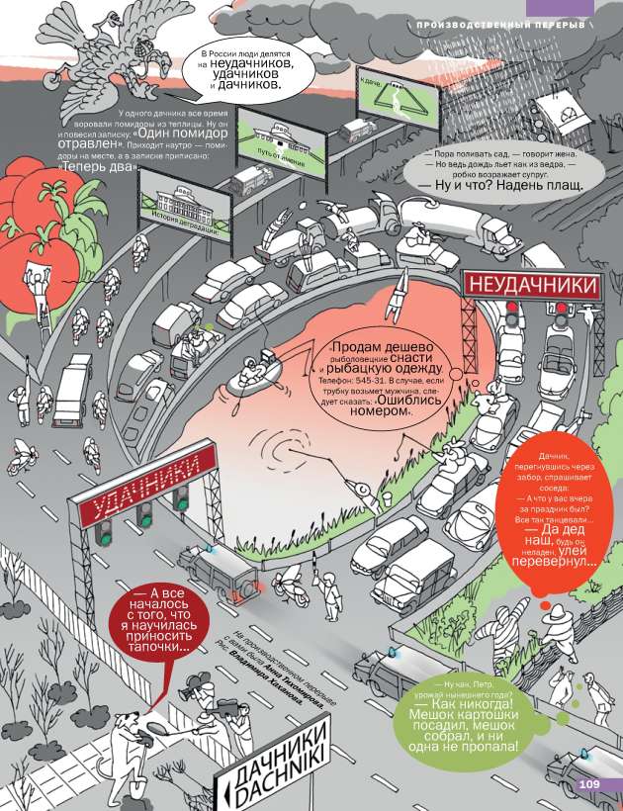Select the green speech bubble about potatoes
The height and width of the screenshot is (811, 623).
coord(462,720)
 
